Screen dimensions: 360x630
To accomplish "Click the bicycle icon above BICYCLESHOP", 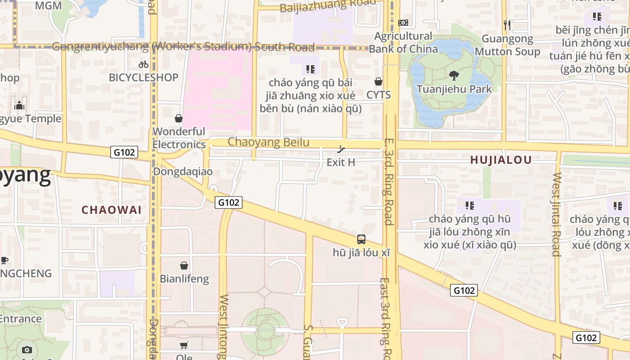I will (144, 64).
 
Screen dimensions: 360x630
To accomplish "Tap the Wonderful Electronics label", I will (179, 138).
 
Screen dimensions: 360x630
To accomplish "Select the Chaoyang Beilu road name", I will (268, 142).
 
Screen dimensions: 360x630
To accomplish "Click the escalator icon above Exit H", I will (342, 149).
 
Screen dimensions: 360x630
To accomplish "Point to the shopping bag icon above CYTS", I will (378, 81).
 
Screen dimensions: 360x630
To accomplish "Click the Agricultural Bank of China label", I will (403, 42).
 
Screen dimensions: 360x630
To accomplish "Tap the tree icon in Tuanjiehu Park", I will (454, 76).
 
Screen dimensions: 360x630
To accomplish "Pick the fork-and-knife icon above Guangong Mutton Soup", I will (507, 25).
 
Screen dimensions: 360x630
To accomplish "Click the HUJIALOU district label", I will (501, 160).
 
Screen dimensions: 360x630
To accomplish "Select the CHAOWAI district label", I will (112, 210).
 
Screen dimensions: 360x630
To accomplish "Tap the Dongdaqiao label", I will (183, 171).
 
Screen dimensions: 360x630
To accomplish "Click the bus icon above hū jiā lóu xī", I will (361, 239).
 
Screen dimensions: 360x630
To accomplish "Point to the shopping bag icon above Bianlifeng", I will (184, 265).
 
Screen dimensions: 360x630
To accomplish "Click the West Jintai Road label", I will (557, 214).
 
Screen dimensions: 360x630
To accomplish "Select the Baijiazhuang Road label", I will (327, 6).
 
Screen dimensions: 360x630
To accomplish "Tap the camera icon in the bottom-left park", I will (27, 350).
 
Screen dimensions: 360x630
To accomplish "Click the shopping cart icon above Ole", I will (184, 346).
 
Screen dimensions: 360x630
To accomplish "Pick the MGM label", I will (48, 5).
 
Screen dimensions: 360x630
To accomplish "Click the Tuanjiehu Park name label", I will (454, 89).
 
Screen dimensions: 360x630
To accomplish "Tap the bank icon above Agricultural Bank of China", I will (403, 22).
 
